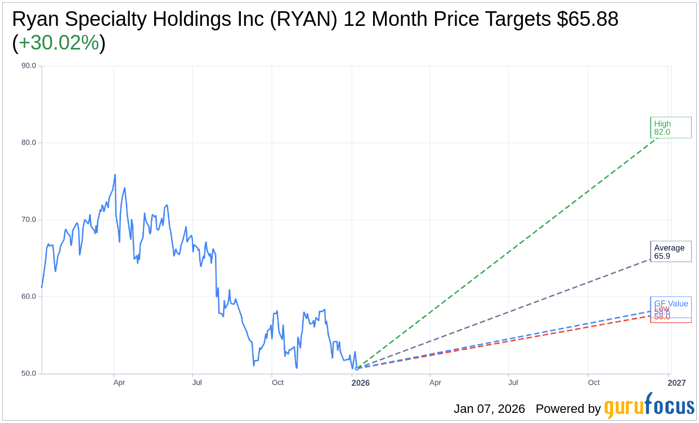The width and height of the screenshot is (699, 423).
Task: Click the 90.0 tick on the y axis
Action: [28, 66]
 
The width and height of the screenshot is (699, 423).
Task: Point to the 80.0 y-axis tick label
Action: [28, 143]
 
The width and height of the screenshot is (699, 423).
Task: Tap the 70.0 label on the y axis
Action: [28, 220]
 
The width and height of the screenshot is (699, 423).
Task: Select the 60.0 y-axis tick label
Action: [28, 296]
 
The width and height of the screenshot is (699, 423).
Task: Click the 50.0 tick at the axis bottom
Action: [28, 373]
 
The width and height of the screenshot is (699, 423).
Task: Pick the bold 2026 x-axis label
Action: [360, 383]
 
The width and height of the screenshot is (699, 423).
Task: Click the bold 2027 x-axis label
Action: [676, 383]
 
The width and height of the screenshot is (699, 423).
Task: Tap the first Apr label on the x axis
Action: [119, 383]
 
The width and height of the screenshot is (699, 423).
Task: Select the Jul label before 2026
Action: [197, 383]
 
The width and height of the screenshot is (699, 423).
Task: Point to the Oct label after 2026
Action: [594, 383]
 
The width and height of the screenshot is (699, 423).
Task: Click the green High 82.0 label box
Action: [670, 128]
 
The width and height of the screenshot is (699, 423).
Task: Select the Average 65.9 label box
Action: [670, 252]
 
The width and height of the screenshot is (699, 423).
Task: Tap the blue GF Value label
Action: [671, 303]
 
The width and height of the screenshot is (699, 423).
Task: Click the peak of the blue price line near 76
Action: [115, 174]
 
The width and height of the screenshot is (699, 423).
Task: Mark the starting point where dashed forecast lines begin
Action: [356, 368]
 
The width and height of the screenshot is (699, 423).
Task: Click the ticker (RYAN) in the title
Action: [304, 19]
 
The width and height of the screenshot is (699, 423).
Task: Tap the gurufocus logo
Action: [648, 406]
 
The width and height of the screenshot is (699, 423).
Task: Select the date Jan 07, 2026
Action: [489, 409]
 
